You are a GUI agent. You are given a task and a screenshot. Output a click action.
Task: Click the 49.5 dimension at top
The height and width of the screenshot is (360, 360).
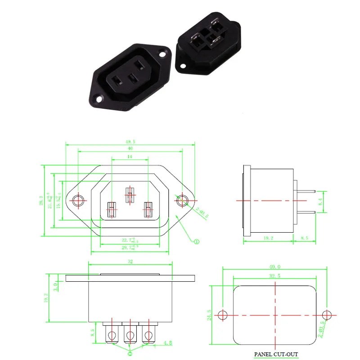(130, 142)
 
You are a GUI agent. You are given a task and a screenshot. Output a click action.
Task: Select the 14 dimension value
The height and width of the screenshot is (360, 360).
(130, 157)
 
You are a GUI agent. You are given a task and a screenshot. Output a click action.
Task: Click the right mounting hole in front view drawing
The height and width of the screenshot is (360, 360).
(182, 200)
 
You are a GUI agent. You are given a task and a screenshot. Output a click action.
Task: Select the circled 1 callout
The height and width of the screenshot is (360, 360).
(196, 242)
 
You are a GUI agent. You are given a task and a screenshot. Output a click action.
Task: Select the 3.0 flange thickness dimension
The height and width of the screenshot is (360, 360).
(54, 285)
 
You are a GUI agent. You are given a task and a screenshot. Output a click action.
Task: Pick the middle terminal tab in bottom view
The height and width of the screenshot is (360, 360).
(130, 335)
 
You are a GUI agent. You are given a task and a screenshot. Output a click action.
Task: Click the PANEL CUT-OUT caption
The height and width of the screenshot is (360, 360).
(276, 354)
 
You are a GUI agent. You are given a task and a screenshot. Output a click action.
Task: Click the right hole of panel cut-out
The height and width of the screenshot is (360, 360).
(327, 314)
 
